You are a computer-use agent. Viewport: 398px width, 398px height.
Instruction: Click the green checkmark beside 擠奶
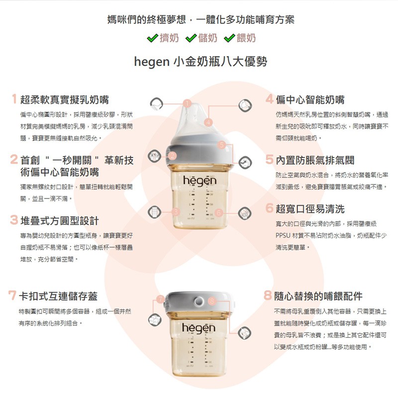153,38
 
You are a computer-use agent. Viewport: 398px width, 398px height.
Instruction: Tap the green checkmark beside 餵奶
229,38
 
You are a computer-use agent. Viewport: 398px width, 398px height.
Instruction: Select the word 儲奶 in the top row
207,38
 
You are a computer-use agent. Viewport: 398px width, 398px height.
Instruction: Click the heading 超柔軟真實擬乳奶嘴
65,99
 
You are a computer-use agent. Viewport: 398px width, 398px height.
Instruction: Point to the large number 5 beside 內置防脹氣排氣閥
269,159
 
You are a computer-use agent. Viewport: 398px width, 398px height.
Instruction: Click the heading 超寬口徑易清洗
310,208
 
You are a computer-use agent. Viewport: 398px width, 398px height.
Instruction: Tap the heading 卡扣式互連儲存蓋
58,296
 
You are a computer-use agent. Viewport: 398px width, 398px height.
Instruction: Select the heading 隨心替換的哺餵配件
318,296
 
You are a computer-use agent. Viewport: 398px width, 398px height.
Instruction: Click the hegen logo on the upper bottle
200,181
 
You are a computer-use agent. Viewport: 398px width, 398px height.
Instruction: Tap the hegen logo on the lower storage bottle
199,328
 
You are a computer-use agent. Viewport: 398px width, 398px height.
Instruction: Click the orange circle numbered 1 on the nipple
187,103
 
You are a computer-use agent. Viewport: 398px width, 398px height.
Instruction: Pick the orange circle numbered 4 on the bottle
208,122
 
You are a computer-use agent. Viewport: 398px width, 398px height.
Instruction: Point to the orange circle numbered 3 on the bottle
176,212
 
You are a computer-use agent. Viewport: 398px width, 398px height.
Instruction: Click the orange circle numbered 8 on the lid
212,301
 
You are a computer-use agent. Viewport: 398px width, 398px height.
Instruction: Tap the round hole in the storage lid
199,301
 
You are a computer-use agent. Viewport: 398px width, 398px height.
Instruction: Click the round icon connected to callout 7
155,319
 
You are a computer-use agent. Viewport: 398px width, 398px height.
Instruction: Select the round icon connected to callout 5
245,163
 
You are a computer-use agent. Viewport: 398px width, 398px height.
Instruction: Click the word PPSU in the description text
283,235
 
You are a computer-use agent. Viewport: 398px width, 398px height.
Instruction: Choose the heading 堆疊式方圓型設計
59,220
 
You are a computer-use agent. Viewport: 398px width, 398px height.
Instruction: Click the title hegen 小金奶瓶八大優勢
200,62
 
